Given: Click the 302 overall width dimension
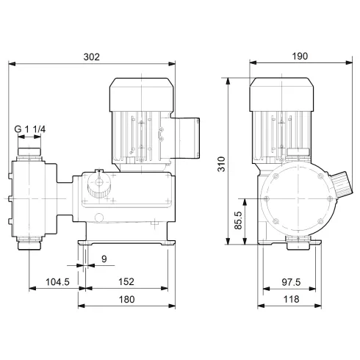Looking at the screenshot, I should (x=92, y=56).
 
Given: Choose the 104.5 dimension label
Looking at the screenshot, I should (x=53, y=281).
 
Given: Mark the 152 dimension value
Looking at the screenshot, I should (x=126, y=281).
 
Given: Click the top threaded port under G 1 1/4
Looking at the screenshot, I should (x=29, y=151).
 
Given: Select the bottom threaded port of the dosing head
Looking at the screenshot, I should (x=29, y=240).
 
